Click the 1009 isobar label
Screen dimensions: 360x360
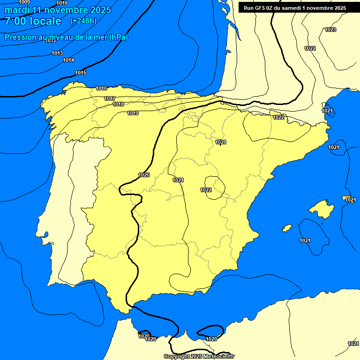pos(24,2)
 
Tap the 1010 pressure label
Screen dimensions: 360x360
pos(62,3)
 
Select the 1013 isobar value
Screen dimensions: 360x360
pos(57,53)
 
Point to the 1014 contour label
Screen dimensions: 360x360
pos(68,60)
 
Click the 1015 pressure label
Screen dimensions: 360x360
pos(81,73)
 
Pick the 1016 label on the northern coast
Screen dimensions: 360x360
pos(101,88)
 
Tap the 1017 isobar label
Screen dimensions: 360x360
pos(110,98)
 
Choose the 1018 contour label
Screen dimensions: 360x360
pos(119,104)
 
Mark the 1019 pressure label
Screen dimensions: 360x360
pos(133,113)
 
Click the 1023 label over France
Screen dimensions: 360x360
pos(330,30)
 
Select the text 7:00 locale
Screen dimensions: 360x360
pos(33,21)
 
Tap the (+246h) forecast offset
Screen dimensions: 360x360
pos(83,21)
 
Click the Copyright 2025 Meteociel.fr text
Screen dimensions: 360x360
pos(199,356)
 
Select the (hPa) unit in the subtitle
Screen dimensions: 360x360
pos(118,37)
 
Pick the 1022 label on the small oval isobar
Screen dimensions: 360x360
pos(206,190)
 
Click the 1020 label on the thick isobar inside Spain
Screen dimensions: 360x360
pos(144,175)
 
